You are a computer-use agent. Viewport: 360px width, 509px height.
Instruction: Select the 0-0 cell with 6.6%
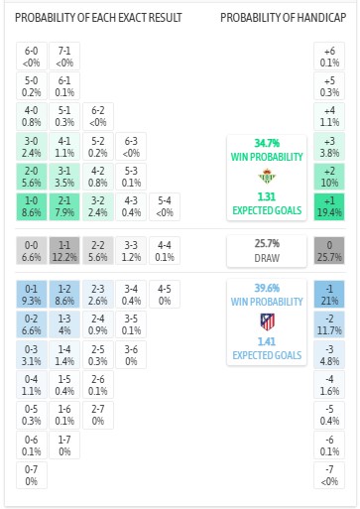tap(31, 249)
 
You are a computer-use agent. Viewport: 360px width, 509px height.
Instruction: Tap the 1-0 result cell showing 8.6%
tap(31, 206)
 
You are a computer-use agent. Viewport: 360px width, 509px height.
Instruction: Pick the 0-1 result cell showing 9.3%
tap(31, 293)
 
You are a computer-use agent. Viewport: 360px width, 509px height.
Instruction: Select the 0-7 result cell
tap(31, 475)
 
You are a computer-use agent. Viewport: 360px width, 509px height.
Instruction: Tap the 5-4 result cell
tap(163, 206)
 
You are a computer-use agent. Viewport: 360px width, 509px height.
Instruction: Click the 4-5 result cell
tap(163, 293)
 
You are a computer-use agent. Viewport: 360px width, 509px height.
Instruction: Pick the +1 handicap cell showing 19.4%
tap(328, 206)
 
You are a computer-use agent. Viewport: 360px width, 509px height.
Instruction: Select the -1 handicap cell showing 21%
tap(328, 293)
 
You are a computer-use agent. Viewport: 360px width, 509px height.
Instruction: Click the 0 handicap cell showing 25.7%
tap(328, 249)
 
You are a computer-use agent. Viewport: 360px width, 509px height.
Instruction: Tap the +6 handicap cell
tap(328, 55)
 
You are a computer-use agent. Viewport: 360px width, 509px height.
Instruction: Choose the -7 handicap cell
tap(328, 475)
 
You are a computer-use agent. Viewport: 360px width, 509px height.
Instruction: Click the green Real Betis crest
tap(265, 179)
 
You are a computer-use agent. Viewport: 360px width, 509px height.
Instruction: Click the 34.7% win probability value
tap(265, 144)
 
